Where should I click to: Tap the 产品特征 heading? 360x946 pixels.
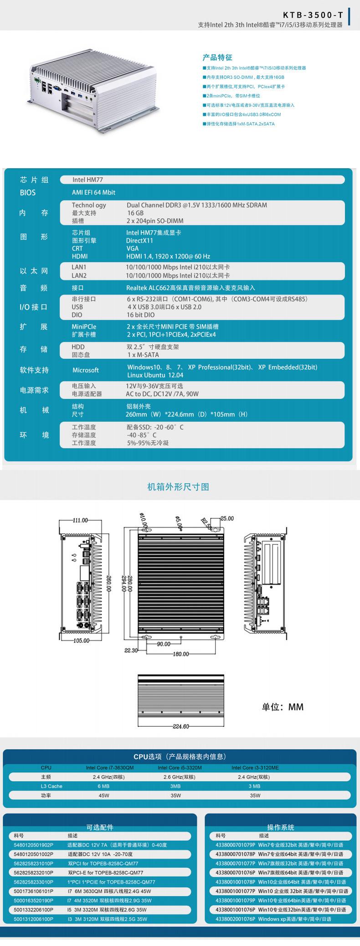point(217,57)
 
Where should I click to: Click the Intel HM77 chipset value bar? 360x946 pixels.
point(202,180)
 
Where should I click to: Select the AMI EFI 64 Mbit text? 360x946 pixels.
point(93,192)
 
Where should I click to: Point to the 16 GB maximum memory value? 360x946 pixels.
point(135,213)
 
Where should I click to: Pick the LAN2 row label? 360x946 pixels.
point(79,275)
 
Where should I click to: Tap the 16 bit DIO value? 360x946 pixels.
point(141,315)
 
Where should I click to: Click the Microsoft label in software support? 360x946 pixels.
point(85,370)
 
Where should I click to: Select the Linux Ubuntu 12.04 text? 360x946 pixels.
point(155,375)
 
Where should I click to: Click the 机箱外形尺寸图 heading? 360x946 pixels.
point(178,486)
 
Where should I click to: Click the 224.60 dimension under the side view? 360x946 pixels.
point(180,726)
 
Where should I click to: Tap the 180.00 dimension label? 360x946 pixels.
point(180,654)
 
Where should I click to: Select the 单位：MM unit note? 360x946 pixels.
point(282,707)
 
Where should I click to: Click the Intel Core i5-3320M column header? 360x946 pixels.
point(180,768)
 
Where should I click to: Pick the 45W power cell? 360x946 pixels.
point(104,796)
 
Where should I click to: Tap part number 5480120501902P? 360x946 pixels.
point(34,845)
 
